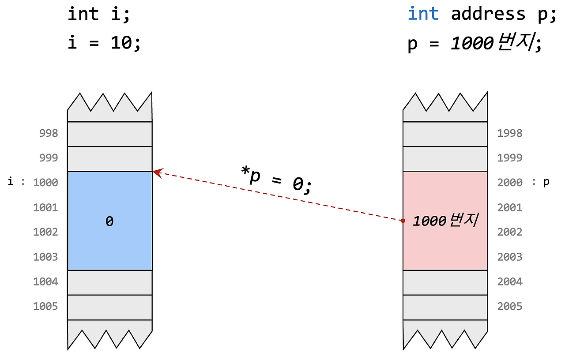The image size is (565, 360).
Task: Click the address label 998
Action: tap(49, 133)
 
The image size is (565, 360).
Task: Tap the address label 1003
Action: tap(45, 257)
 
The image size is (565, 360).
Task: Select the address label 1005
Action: tap(45, 306)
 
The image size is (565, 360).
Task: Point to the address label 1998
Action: tap(510, 133)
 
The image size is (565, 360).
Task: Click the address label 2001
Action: tap(510, 207)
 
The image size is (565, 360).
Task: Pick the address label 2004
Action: tap(510, 281)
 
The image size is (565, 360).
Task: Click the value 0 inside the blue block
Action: tap(109, 221)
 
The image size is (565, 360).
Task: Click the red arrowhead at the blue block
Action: tap(156, 172)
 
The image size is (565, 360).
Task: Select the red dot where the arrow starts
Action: tap(403, 220)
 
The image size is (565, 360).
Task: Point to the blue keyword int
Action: tap(423, 14)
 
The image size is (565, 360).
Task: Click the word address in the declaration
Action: tap(488, 14)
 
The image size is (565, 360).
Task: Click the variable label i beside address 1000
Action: tap(11, 182)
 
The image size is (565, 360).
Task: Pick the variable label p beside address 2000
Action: tap(546, 182)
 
